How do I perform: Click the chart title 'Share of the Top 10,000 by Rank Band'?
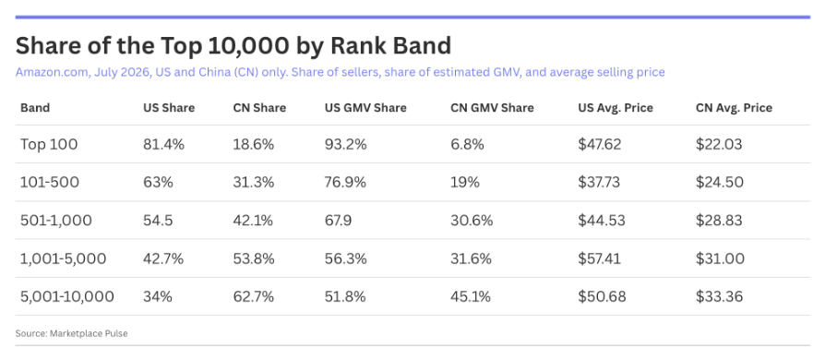tap(233, 46)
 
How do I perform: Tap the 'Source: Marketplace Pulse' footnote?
tap(72, 333)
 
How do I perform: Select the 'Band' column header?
tap(35, 108)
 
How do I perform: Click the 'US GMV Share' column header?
tap(365, 108)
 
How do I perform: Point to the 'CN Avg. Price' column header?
tap(734, 108)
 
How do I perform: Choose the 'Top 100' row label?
tap(49, 144)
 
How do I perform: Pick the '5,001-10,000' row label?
tap(67, 297)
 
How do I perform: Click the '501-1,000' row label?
tap(56, 221)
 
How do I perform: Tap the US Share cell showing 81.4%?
tap(163, 144)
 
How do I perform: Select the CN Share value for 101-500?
tap(254, 183)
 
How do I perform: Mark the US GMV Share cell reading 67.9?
tap(339, 221)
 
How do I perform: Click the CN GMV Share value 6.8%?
tap(467, 144)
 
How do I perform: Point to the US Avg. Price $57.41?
tap(599, 259)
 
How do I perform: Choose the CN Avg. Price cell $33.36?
tap(719, 297)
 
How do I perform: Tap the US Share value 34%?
tap(158, 297)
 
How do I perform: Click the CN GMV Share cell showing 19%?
tap(465, 183)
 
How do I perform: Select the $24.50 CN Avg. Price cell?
tap(720, 183)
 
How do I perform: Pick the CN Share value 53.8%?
tap(254, 259)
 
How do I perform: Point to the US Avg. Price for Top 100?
tap(599, 144)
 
